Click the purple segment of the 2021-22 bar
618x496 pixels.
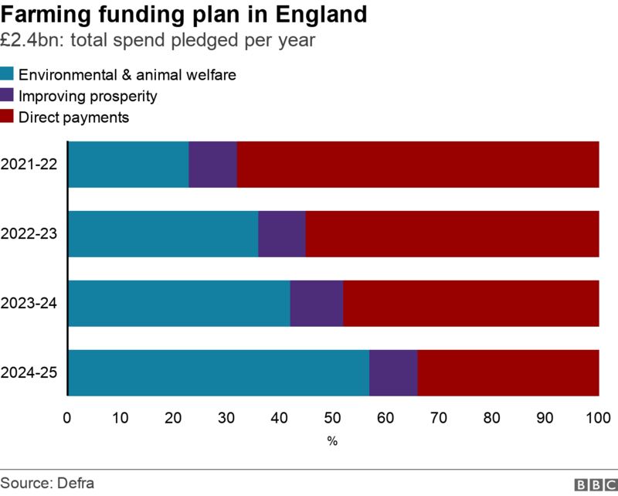pyautogui.click(x=212, y=165)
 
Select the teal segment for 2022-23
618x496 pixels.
pyautogui.click(x=163, y=234)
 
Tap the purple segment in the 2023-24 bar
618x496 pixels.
pyautogui.click(x=317, y=304)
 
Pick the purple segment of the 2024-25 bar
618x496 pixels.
pyautogui.click(x=393, y=373)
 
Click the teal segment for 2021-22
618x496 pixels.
pyautogui.click(x=128, y=165)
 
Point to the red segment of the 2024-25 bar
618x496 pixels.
pyautogui.click(x=508, y=373)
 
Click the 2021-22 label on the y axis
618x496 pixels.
pyautogui.click(x=29, y=165)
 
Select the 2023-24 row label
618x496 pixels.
pyautogui.click(x=29, y=304)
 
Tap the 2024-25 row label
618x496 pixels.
pyautogui.click(x=29, y=373)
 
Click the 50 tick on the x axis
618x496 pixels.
pyautogui.click(x=334, y=419)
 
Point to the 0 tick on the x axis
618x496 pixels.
pyautogui.click(x=68, y=419)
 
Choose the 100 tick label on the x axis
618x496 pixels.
pyautogui.click(x=599, y=419)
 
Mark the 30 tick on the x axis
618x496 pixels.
pyautogui.click(x=227, y=419)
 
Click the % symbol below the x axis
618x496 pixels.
pyautogui.click(x=333, y=441)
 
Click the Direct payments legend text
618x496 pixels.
pyautogui.click(x=73, y=118)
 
